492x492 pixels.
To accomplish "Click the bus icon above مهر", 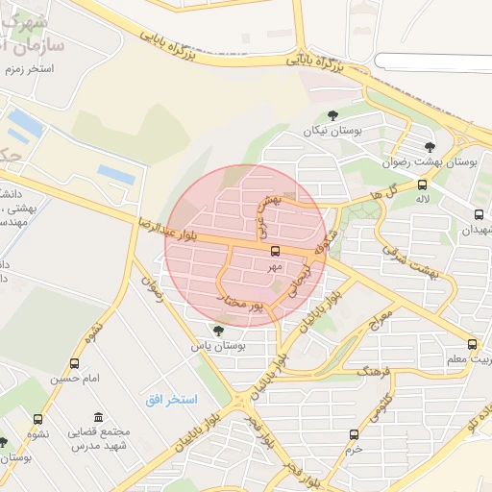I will click(276, 251).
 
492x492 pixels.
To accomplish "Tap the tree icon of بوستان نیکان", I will click(332, 115).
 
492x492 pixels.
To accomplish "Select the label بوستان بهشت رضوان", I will click(415, 162).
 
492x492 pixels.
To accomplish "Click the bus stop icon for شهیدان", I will click(479, 214).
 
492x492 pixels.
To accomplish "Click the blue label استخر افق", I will click(172, 399).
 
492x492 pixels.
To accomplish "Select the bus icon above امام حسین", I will click(75, 363).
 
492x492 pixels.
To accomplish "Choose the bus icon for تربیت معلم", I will click(472, 343).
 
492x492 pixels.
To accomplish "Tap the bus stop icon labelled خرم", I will click(354, 434).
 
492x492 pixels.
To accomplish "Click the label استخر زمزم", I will click(29, 70).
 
